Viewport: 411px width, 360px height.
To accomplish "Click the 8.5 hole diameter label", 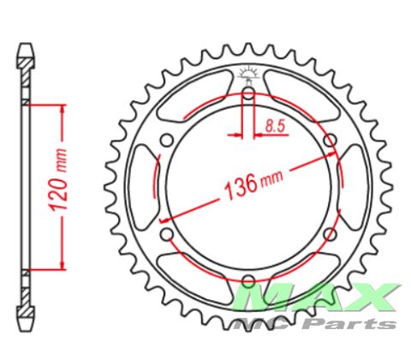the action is pyautogui.click(x=275, y=126).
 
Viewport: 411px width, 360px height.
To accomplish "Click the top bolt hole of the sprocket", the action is pyautogui.click(x=248, y=93).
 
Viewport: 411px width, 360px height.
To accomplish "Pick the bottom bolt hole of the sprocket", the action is pyautogui.click(x=248, y=281).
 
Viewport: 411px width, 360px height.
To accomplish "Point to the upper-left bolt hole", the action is pyautogui.click(x=167, y=141).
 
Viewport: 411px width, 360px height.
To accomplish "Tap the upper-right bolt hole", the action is pyautogui.click(x=331, y=141).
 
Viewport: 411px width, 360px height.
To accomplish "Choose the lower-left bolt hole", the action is pyautogui.click(x=167, y=234).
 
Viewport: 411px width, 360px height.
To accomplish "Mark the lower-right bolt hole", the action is pyautogui.click(x=331, y=234).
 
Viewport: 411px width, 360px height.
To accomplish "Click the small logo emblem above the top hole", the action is pyautogui.click(x=249, y=75).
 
